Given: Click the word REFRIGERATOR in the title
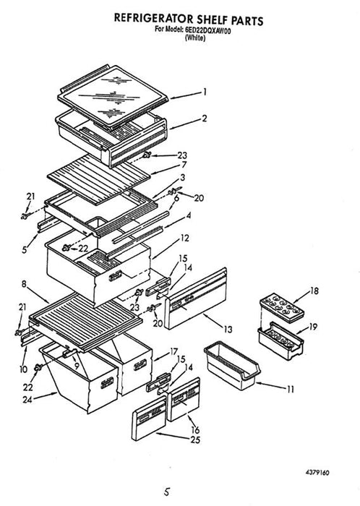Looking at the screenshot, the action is [x=154, y=18].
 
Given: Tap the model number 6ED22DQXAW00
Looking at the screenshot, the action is [x=207, y=30].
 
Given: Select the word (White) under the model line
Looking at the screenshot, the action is [x=195, y=38].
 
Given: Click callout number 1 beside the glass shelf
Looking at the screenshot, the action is [x=204, y=93].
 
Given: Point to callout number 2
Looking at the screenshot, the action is [x=204, y=118].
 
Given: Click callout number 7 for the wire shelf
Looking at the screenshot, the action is [x=184, y=165].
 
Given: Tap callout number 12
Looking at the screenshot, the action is [x=184, y=239].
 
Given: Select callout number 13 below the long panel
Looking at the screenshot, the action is [x=228, y=330].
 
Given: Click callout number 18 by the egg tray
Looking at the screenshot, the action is [x=314, y=291].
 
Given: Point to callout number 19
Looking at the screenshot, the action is [x=313, y=327].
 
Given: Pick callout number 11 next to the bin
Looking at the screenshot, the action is [x=291, y=390].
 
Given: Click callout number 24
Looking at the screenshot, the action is [x=27, y=400].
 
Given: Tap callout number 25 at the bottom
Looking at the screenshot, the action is [x=195, y=439].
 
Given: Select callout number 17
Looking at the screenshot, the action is [x=174, y=351].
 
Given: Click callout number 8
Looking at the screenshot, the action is [x=24, y=284].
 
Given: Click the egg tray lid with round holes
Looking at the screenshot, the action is [x=282, y=307].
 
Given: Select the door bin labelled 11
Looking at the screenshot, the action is [x=231, y=366].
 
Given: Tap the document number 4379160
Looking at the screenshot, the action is [x=317, y=473].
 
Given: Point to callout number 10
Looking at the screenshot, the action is [x=24, y=369].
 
